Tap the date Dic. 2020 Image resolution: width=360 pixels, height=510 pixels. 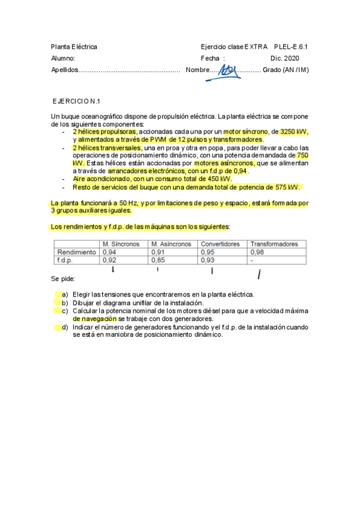[x=284, y=58]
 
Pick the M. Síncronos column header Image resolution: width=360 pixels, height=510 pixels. [x=121, y=244]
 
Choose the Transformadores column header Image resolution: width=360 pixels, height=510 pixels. [x=274, y=244]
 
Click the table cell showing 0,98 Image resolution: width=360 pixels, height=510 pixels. [x=257, y=252]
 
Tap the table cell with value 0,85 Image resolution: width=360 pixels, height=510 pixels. [x=157, y=260]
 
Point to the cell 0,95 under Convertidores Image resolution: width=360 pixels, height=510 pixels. [x=207, y=252]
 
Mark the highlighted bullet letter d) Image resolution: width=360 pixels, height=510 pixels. [x=64, y=327]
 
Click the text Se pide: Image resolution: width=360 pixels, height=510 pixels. [x=63, y=280]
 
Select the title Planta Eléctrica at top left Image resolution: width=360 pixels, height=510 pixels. [x=74, y=46]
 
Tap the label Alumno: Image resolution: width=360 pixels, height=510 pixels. [x=63, y=58]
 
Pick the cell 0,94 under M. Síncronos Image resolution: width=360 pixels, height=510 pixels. [x=109, y=252]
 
